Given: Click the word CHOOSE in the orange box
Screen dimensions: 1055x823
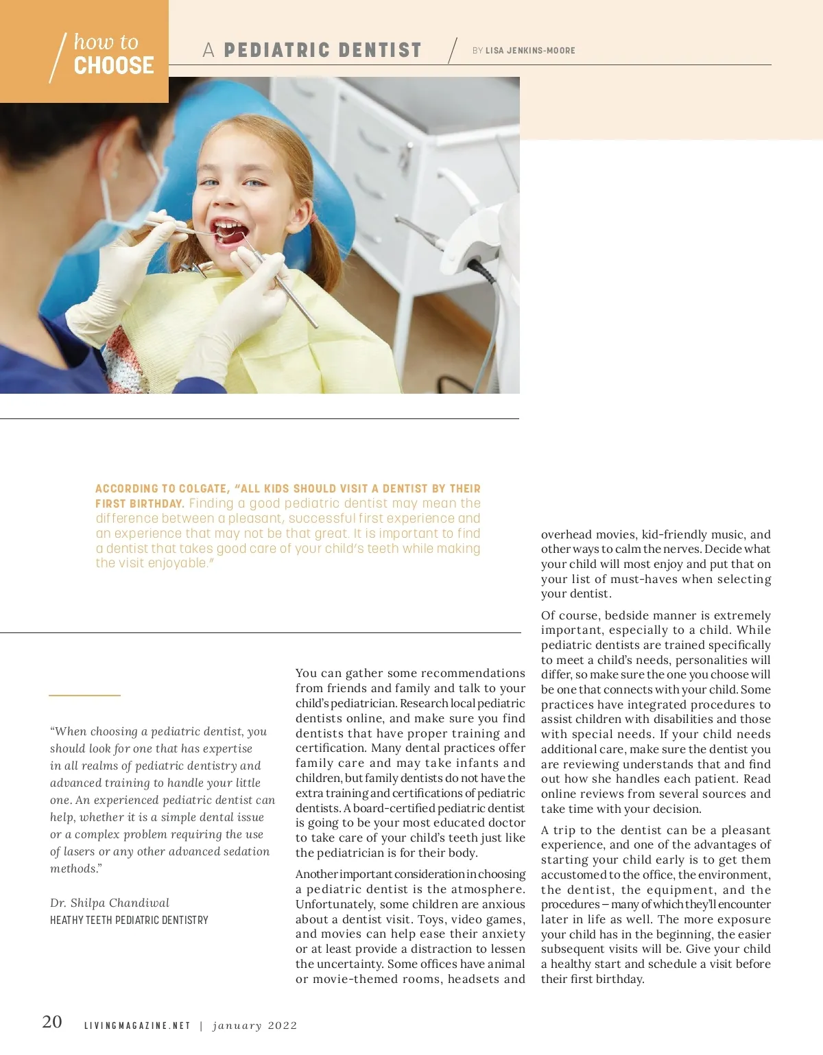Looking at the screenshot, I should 114,66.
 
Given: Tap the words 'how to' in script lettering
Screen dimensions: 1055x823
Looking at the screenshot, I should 106,42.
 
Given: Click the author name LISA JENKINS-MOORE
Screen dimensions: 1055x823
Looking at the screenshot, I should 530,51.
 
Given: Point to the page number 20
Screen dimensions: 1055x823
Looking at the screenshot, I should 52,1021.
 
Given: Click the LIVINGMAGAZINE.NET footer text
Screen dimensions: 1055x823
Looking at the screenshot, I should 137,1026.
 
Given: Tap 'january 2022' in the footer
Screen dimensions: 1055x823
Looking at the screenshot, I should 254,1026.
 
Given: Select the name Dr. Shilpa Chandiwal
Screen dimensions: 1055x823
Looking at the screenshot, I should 110,903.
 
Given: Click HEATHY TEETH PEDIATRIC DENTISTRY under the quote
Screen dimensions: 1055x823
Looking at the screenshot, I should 129,920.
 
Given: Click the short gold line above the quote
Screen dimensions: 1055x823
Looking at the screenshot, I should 84,696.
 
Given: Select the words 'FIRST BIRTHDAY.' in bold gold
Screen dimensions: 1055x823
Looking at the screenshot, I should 139,503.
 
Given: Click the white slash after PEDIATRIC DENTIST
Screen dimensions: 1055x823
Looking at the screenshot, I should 453,50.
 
